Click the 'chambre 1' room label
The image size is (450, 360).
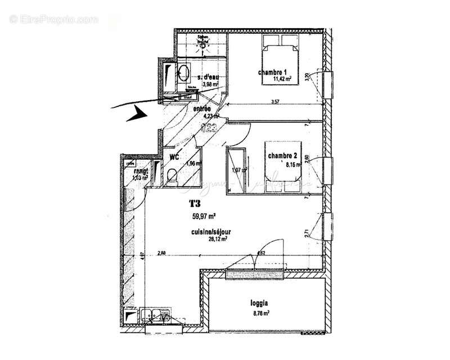point(273,72)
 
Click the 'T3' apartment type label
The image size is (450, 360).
point(195,205)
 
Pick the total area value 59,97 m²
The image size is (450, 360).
point(204,215)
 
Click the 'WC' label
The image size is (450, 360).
point(174,158)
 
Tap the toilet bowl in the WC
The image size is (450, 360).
point(173,177)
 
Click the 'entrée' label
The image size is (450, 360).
point(202,109)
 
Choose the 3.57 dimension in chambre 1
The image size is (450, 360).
point(275,102)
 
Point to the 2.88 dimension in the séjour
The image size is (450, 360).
point(163,253)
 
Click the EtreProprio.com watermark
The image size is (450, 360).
point(54,19)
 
